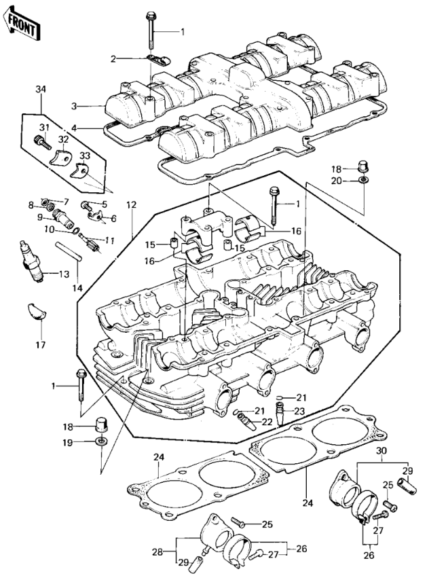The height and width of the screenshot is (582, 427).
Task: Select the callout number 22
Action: [267, 421]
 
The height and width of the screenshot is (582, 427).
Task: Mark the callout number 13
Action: [64, 274]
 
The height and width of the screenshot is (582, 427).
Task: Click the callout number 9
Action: [39, 217]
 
